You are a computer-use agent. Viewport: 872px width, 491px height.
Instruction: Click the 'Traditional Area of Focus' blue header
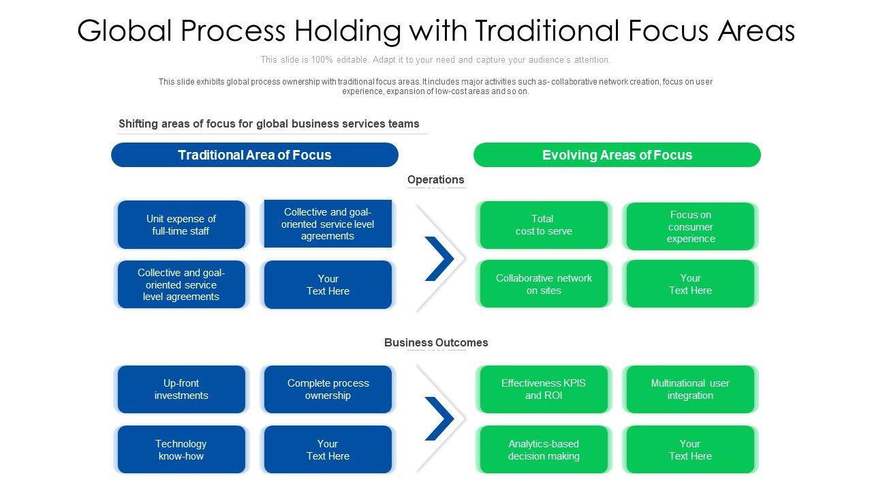coord(255,155)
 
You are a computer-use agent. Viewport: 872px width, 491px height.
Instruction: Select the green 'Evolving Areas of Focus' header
coord(617,155)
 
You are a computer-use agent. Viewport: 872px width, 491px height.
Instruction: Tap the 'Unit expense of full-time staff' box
coord(181,225)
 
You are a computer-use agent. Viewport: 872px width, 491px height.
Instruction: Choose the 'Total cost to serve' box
coord(544,225)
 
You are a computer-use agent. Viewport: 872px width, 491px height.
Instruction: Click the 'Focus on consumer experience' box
coord(690,226)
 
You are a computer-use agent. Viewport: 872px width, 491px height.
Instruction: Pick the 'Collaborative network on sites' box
coord(544,284)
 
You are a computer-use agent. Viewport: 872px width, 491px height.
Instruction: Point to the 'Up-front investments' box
coord(181,389)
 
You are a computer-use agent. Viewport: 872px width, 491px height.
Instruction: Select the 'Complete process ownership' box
coord(328,389)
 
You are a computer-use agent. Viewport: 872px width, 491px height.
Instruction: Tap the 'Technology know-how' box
coord(181,449)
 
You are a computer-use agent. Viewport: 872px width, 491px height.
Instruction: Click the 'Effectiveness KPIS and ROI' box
coord(544,389)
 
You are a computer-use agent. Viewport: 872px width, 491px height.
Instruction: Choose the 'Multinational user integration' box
coord(690,389)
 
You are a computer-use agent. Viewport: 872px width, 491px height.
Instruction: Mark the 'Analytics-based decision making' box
coord(544,449)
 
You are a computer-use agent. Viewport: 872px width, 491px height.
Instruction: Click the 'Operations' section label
coord(435,179)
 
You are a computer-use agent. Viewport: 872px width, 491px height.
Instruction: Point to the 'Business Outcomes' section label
coord(436,342)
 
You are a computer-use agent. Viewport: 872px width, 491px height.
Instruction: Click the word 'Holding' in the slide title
coord(347,31)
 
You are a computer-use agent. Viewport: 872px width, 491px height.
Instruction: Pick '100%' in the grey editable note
coord(322,59)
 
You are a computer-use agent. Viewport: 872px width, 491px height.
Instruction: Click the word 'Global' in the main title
coord(125,31)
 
